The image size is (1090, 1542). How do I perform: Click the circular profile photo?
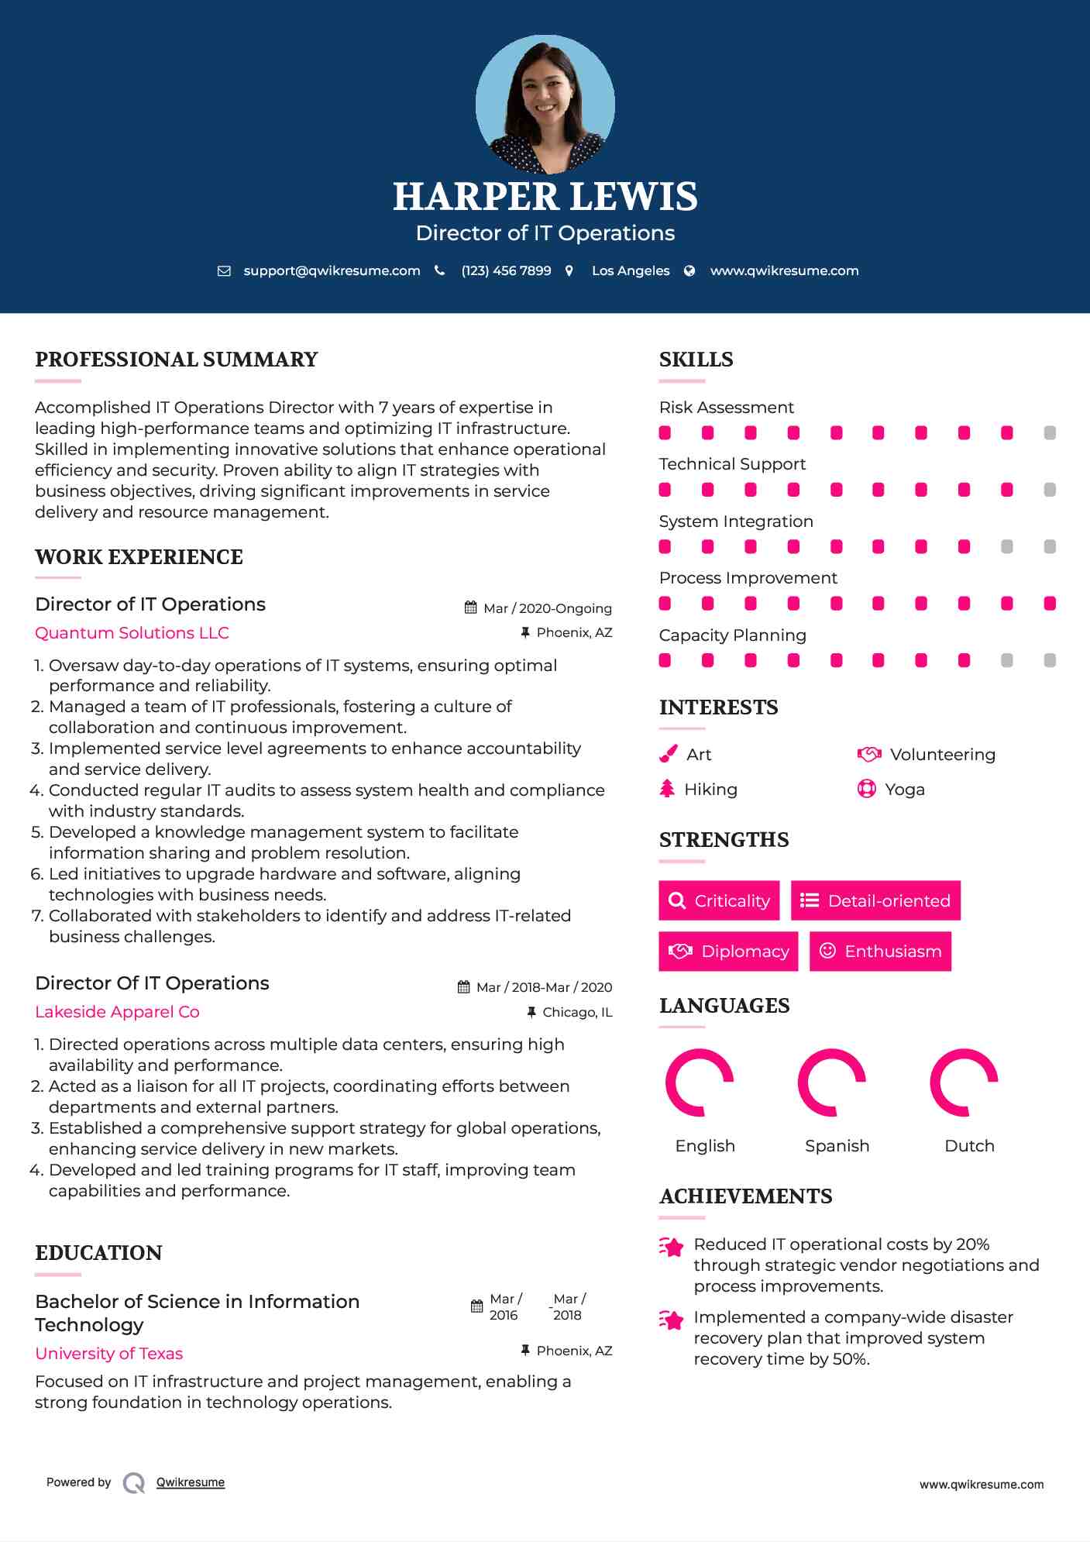tap(545, 104)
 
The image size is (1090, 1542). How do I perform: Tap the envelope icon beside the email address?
tap(224, 271)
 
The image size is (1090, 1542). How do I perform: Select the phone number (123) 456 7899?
tap(506, 271)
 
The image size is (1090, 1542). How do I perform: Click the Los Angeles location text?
tap(630, 271)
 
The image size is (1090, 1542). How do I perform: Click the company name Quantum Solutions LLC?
tap(132, 633)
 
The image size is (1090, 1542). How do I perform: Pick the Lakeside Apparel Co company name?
tap(117, 1012)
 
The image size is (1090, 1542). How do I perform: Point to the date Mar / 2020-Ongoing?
tap(547, 608)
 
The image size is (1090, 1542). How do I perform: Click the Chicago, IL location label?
tap(576, 1012)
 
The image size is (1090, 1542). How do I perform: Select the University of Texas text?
tap(108, 1354)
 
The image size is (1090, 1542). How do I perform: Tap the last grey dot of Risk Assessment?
tap(1050, 433)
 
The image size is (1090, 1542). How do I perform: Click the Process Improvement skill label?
tap(748, 578)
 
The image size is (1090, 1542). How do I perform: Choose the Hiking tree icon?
tap(667, 789)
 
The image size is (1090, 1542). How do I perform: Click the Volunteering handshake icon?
tap(869, 754)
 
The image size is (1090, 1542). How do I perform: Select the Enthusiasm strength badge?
tap(880, 952)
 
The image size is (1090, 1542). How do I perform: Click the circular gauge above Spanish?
tap(831, 1082)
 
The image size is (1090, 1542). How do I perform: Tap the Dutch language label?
tap(969, 1146)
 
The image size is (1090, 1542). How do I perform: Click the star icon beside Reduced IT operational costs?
tap(672, 1247)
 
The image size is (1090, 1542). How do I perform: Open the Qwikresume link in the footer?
tap(191, 1482)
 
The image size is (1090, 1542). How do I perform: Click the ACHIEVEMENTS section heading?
tap(745, 1196)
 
